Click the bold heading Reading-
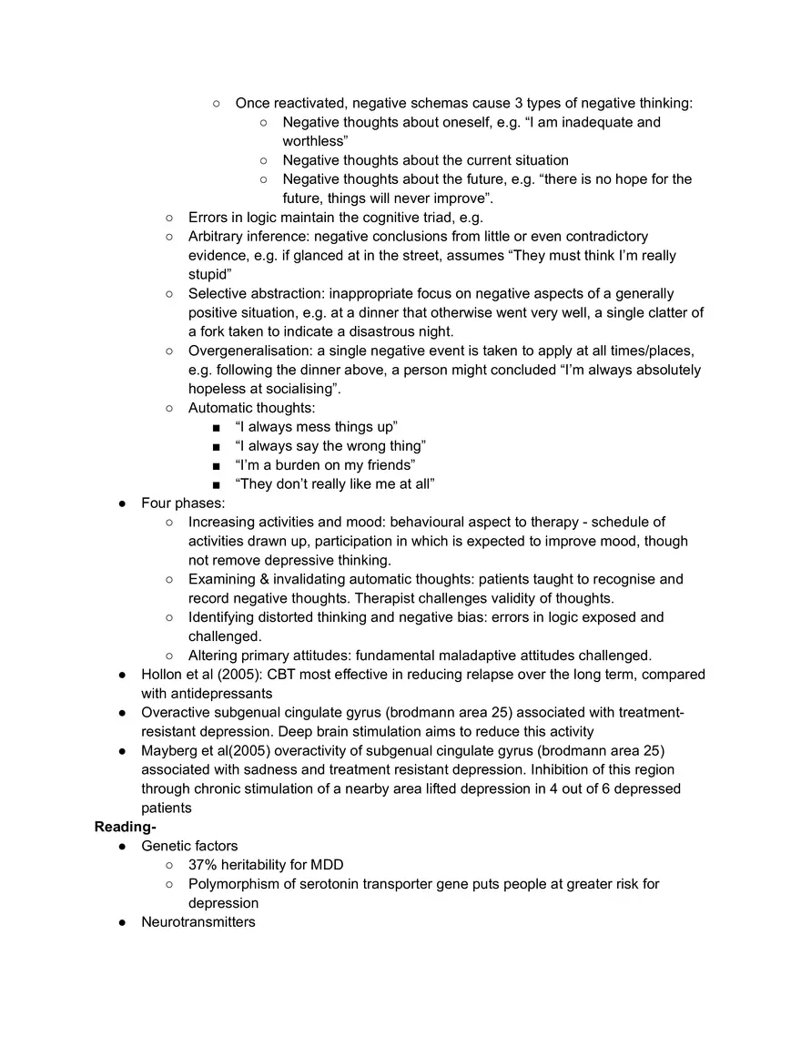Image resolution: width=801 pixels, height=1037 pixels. pos(126,827)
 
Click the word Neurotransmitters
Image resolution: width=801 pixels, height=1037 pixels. pos(198,921)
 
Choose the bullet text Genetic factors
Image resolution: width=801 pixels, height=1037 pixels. pos(189,846)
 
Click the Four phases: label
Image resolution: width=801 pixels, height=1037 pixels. pos(183,503)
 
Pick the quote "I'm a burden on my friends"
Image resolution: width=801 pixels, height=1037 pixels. pos(325,465)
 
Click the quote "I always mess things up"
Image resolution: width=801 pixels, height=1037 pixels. pos(317,427)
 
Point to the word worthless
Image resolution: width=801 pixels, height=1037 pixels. pos(314,141)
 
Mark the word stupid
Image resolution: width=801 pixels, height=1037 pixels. pos(209,274)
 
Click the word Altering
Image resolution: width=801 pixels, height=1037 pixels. pos(213,655)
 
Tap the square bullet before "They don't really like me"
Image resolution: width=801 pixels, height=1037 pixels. pos(216,484)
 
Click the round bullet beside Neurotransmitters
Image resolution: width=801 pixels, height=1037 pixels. pos(122,922)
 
